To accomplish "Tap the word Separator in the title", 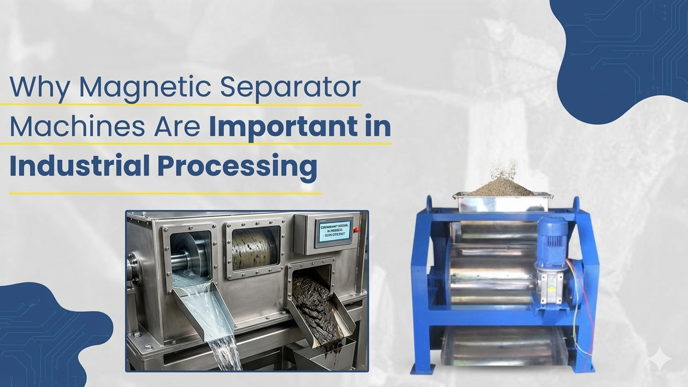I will pyautogui.click(x=291, y=88).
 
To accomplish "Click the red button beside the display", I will pyautogui.click(x=357, y=230).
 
